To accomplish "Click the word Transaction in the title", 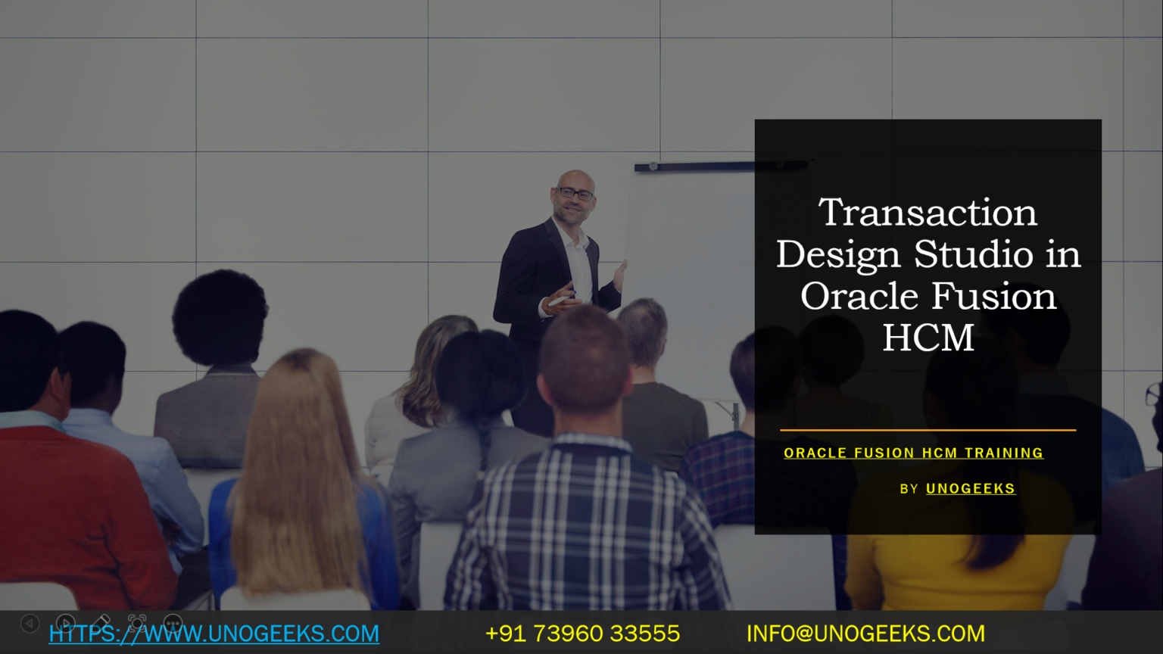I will pos(928,213).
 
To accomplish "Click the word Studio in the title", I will pos(974,254).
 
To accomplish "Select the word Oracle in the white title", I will pos(859,296).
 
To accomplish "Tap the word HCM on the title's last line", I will pos(928,338).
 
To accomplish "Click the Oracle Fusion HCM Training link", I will pos(913,453).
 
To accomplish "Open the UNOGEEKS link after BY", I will pos(970,489).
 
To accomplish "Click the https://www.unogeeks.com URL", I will pos(214,634).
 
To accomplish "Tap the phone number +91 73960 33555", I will pos(582,634).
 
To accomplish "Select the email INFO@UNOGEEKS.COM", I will pos(865,634).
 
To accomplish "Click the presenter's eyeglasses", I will pos(575,194).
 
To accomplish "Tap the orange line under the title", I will pos(928,430).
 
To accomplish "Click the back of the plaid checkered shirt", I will pos(583,530).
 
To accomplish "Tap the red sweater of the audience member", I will pos(76,515).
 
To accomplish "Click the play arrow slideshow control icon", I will pos(65,623).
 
